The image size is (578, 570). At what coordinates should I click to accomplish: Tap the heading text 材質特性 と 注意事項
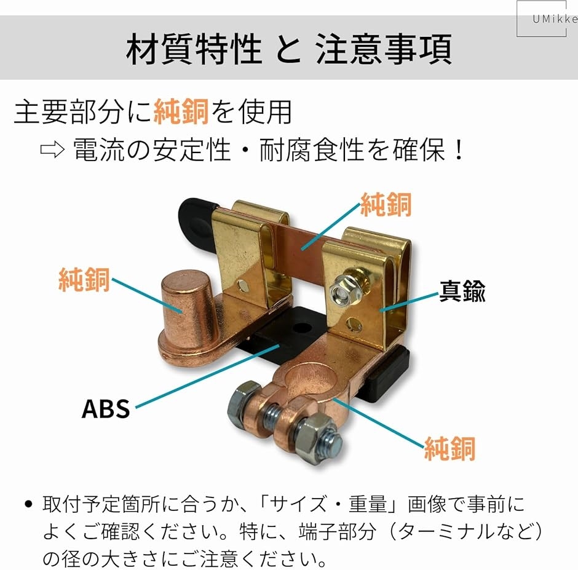[289, 49]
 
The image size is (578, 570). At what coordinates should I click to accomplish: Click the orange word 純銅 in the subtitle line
[181, 111]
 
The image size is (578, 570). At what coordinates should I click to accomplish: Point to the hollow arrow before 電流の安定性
[52, 149]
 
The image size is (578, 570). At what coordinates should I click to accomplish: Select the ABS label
[106, 408]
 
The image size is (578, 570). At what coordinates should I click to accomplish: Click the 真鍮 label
[462, 291]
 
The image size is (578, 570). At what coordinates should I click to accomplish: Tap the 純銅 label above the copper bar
[386, 204]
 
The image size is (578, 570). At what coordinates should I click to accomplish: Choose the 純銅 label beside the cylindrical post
[84, 280]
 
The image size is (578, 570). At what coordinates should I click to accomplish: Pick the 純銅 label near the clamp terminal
[449, 448]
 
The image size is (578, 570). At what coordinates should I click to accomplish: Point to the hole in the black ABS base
[303, 328]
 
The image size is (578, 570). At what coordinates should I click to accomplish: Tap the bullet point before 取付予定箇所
[28, 504]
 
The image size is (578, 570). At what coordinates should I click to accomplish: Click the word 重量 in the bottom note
[368, 504]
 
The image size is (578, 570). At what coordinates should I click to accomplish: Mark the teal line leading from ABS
[208, 376]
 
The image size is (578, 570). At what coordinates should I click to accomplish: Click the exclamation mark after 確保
[459, 149]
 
